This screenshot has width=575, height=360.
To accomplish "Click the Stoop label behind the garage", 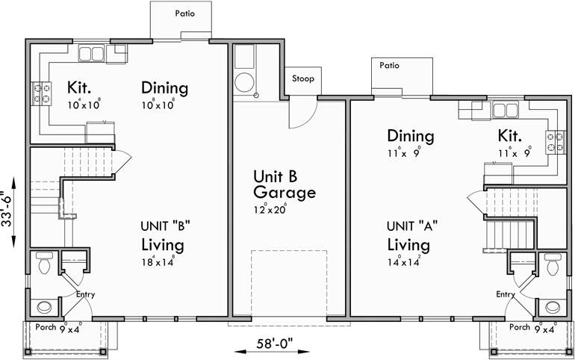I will tap(302, 78).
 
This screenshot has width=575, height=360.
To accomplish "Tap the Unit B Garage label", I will tap(283, 185).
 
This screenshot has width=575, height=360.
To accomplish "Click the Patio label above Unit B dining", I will tap(185, 13).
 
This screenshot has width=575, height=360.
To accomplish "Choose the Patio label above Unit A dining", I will tap(389, 66).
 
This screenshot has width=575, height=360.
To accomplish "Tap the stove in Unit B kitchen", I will tap(40, 93).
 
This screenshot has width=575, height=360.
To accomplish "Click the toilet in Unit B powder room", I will tap(43, 263).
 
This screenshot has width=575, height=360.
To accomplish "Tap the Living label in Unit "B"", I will tap(163, 245).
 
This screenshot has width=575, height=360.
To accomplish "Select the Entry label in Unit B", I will tap(86, 295).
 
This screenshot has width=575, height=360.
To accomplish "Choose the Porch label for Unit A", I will tap(519, 327).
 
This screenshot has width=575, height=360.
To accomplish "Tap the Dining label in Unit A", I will tap(410, 136).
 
